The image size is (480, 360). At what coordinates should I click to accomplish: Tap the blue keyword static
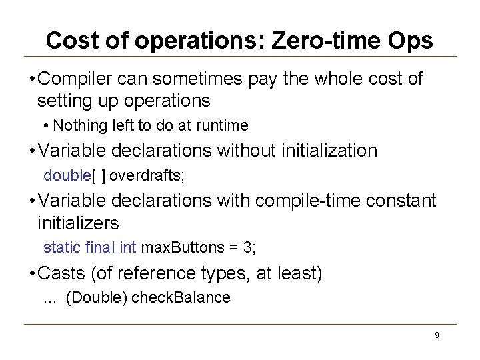[x=63, y=248]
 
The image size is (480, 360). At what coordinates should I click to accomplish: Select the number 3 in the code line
[x=248, y=248]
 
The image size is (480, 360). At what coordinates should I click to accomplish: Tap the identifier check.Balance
[x=181, y=298]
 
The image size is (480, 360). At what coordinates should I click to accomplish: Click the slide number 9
[x=437, y=335]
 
